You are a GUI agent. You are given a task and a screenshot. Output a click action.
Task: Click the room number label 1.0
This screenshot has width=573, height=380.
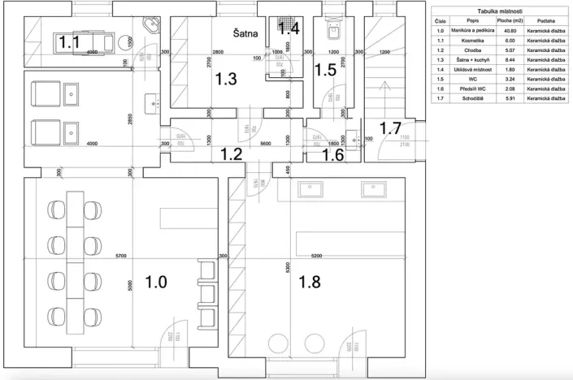(x=156, y=282)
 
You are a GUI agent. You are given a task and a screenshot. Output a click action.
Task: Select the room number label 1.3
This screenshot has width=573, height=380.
(x=225, y=80)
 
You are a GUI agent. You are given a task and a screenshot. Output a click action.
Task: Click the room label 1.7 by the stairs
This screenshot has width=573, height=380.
(x=391, y=127)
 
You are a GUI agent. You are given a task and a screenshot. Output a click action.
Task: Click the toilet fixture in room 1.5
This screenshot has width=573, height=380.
(x=331, y=31)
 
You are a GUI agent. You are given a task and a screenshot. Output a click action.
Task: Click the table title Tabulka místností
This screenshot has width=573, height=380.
(x=498, y=11)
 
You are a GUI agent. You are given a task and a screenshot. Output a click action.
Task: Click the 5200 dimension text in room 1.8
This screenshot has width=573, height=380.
(x=315, y=256)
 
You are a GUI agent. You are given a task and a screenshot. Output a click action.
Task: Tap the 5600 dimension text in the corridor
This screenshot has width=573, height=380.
(x=243, y=143)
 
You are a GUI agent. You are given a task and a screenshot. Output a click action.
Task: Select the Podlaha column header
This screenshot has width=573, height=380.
(x=545, y=21)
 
